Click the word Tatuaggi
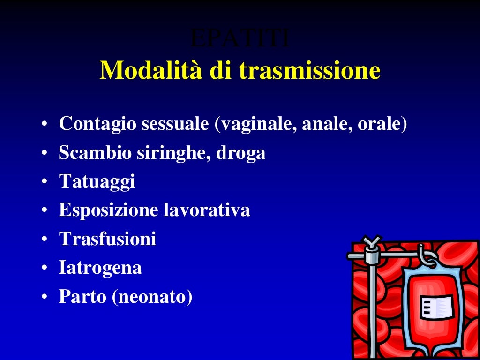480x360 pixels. (x=97, y=181)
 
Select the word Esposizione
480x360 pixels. (x=107, y=210)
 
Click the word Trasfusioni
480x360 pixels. (x=107, y=239)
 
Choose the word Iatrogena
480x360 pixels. (x=100, y=268)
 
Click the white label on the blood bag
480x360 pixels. (x=436, y=307)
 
